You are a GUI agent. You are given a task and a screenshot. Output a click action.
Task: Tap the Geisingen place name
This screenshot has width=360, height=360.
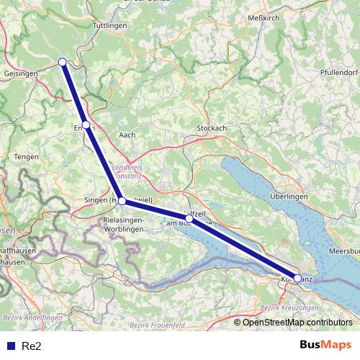20,73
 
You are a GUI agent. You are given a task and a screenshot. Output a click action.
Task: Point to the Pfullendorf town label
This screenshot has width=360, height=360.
338,73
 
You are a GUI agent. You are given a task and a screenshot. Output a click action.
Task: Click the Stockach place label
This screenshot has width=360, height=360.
212,128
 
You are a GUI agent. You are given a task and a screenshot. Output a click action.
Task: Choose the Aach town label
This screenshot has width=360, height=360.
127,134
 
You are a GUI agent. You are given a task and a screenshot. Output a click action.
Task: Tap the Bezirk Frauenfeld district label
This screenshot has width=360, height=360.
154,325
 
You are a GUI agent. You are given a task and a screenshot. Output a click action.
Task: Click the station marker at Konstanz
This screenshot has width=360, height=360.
297,278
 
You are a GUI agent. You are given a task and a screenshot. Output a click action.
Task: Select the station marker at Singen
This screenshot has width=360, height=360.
122,201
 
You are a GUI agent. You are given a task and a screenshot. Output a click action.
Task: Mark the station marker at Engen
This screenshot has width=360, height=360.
86,125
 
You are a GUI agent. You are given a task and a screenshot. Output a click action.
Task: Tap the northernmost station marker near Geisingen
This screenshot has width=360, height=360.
63,62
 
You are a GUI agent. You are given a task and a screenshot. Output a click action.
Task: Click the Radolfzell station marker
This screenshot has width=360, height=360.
189,218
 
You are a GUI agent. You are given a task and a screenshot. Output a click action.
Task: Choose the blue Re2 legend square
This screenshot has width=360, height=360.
11,346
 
